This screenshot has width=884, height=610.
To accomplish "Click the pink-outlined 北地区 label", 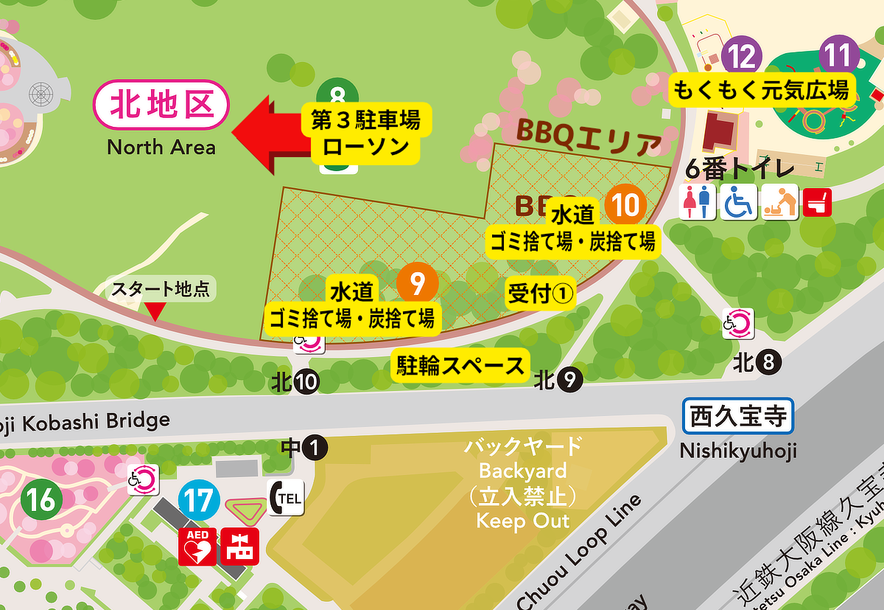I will point(161,106).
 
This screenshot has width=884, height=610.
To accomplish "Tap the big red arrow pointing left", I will point(269,133).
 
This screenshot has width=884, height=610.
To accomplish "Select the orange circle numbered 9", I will point(417,283).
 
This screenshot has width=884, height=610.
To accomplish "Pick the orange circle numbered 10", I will point(625,203).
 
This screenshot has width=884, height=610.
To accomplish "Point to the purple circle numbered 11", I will point(839,56).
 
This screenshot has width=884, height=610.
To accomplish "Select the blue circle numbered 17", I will point(198,501).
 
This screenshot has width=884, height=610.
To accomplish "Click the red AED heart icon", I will point(197,547).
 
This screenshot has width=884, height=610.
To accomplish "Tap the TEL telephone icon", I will point(286,498).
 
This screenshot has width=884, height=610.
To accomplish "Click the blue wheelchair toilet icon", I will point(737,201).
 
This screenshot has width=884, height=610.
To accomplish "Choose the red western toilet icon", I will point(817,201).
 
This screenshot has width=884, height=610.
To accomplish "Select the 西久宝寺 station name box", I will point(738,416).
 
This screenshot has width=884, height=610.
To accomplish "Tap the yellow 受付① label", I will point(540,294).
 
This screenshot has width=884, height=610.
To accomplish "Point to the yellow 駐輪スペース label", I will point(461,365).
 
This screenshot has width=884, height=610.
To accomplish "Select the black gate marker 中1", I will point(304,447).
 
